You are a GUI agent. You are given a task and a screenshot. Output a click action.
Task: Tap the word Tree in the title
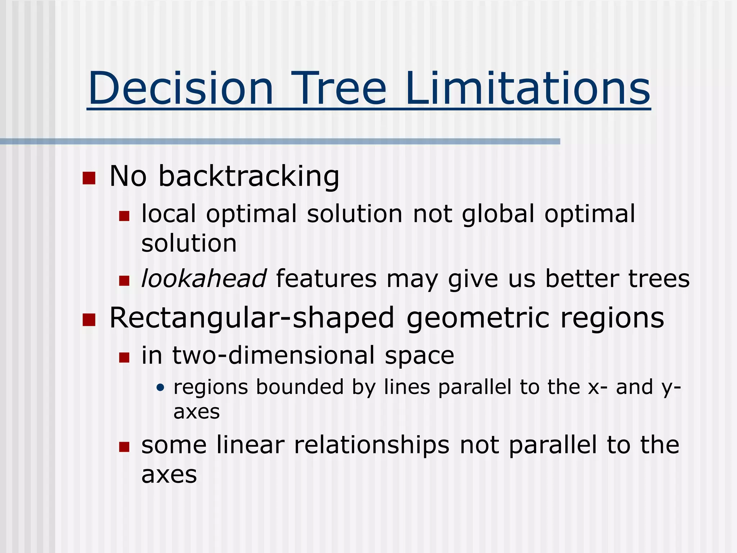pyautogui.click(x=339, y=89)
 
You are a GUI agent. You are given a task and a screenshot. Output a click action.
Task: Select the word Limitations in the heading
pyautogui.click(x=528, y=89)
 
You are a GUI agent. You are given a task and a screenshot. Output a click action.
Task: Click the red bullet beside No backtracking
pyautogui.click(x=89, y=178)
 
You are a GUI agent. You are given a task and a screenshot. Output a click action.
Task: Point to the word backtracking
pyautogui.click(x=249, y=176)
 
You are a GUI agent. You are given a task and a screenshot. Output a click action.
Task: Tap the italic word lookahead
pyautogui.click(x=204, y=279)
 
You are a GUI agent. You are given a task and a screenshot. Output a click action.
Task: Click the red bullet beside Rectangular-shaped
pyautogui.click(x=89, y=319)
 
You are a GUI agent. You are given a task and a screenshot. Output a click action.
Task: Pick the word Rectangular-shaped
pyautogui.click(x=252, y=318)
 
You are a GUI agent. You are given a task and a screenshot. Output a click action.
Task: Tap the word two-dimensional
pyautogui.click(x=273, y=356)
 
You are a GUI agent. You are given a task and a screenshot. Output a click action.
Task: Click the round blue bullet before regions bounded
pyautogui.click(x=160, y=388)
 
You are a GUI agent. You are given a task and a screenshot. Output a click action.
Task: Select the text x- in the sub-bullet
pyautogui.click(x=598, y=387)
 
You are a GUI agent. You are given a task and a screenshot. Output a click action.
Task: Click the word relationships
pyautogui.click(x=371, y=445)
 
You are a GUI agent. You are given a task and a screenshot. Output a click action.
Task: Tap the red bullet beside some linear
pyautogui.click(x=124, y=447)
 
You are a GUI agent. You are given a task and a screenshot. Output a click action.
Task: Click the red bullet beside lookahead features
pyautogui.click(x=124, y=280)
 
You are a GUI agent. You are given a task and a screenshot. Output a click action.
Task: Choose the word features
pyautogui.click(x=326, y=279)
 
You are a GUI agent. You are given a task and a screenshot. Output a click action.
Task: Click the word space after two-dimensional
pyautogui.click(x=419, y=356)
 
